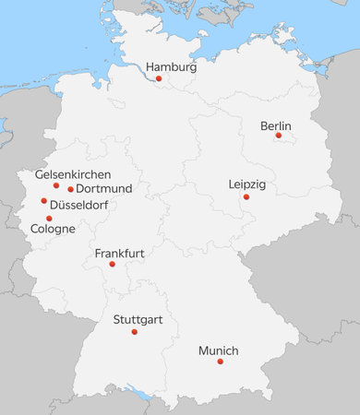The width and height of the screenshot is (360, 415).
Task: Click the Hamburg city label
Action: click(172, 67)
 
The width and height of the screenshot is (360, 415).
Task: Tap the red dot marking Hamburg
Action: click(159, 78)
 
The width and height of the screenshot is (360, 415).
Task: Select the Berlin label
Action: click(276, 125)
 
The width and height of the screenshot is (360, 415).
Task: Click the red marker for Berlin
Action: click(279, 136)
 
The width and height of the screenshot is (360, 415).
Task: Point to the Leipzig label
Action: click(246, 184)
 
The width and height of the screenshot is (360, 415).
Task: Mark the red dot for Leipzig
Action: click(246, 196)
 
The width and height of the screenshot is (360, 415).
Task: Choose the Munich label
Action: click(218, 351)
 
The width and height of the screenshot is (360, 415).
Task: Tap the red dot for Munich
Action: click(221, 362)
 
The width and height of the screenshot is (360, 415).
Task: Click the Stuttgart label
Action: click(138, 320)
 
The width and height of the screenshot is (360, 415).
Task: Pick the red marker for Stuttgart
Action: click(135, 331)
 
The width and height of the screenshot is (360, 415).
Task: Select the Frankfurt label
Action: click(119, 253)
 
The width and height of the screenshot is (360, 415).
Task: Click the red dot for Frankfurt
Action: click(113, 264)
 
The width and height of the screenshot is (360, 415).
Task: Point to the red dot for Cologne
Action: click(49, 219)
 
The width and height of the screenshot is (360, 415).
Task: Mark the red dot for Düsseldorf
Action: click(43, 200)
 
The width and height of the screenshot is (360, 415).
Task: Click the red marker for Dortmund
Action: click(70, 189)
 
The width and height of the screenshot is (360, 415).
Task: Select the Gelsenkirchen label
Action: click(73, 174)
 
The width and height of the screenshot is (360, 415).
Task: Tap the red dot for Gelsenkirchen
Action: click(56, 185)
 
